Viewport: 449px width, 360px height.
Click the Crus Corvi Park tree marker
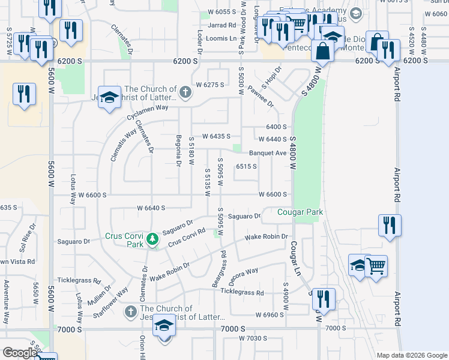pyautogui.click(x=153, y=239)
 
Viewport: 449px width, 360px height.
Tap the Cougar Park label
pyautogui.click(x=300, y=212)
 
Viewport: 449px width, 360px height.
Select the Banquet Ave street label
pyautogui.click(x=268, y=153)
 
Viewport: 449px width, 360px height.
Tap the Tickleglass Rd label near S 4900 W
pyautogui.click(x=242, y=292)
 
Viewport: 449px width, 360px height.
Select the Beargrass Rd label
pyautogui.click(x=218, y=268)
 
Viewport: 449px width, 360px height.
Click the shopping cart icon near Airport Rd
pyautogui.click(x=376, y=265)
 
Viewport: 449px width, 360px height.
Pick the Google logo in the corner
pyautogui.click(x=19, y=353)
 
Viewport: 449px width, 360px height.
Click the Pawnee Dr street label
pyautogui.click(x=262, y=98)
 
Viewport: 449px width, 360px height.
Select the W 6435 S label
pyautogui.click(x=217, y=136)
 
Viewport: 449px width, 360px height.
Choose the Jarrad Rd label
pyautogui.click(x=222, y=25)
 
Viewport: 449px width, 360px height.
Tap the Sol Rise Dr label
pyautogui.click(x=25, y=239)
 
